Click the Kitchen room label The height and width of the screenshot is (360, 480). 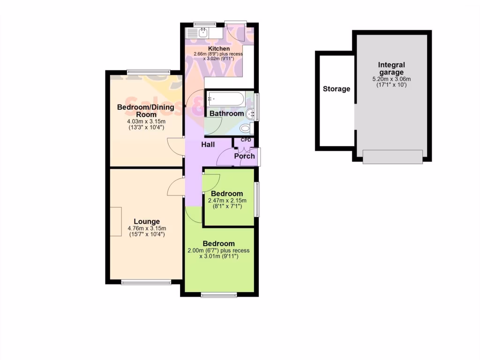tap(219, 48)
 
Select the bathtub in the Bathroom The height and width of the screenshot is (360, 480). tap(225, 99)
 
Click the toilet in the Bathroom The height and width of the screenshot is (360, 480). tap(246, 128)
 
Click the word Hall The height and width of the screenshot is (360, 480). tap(208, 145)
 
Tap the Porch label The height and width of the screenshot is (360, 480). tap(244, 156)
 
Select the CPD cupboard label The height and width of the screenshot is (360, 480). tap(246, 140)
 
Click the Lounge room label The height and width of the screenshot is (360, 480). tap(147, 222)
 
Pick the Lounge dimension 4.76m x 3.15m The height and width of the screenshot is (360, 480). tap(147, 229)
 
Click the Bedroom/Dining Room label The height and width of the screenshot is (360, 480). tap(145, 111)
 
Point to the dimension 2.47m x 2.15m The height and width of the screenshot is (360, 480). tap(227, 200)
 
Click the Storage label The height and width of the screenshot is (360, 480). tap(337, 89)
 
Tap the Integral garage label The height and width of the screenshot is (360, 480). tap(392, 68)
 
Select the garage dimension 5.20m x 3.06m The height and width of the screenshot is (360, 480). tap(392, 80)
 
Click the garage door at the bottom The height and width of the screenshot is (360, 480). tap(393, 157)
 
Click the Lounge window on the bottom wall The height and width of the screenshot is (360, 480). tap(146, 282)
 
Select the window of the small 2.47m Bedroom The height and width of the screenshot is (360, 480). tap(256, 199)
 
